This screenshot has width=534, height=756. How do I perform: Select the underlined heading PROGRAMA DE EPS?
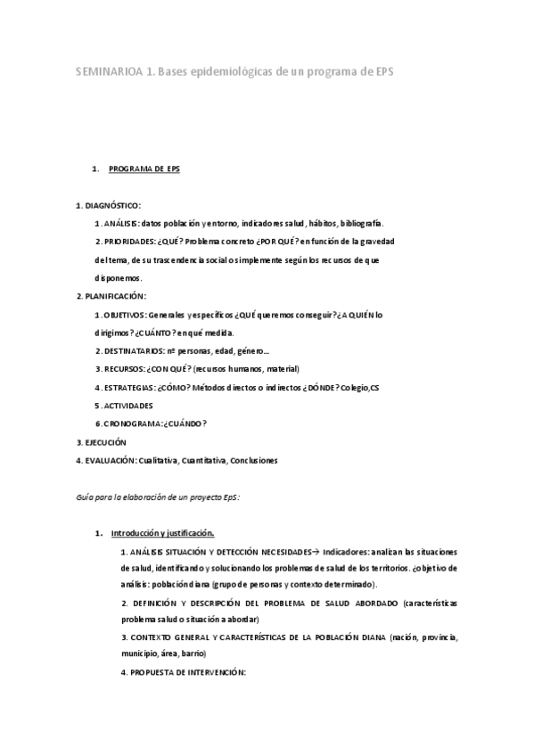point(144,168)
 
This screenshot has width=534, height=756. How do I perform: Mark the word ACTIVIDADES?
point(128,406)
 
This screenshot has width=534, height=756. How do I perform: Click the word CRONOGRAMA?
point(132,423)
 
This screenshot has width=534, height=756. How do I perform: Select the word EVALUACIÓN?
point(110,460)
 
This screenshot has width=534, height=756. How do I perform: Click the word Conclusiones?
point(254,460)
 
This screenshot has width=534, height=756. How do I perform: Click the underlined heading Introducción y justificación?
point(162,534)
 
